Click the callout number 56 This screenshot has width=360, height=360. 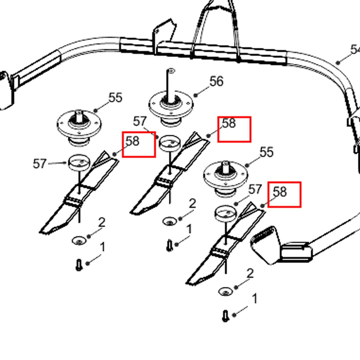[217, 81]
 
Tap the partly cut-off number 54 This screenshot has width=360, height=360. [355, 50]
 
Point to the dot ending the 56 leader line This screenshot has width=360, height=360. [196, 95]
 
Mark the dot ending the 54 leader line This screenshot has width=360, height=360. [338, 63]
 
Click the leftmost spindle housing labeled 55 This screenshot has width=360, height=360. [79, 128]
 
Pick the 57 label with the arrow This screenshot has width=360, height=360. [39, 164]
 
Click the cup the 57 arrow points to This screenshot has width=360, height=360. [79, 162]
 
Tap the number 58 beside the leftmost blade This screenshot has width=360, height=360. [133, 141]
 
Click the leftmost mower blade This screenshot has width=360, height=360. [79, 193]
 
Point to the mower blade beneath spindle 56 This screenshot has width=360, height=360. [169, 173]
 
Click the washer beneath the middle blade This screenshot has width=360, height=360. [170, 222]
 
